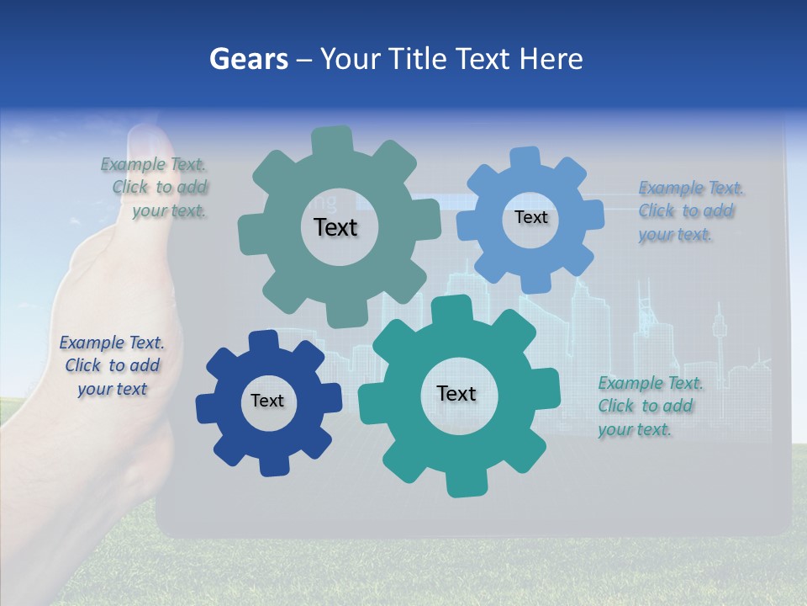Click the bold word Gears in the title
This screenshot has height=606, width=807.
point(248,60)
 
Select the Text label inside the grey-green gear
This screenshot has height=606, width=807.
point(335,227)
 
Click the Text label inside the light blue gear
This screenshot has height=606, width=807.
point(530,217)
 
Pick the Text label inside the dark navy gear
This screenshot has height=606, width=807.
point(267,401)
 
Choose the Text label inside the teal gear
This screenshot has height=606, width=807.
point(456,393)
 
